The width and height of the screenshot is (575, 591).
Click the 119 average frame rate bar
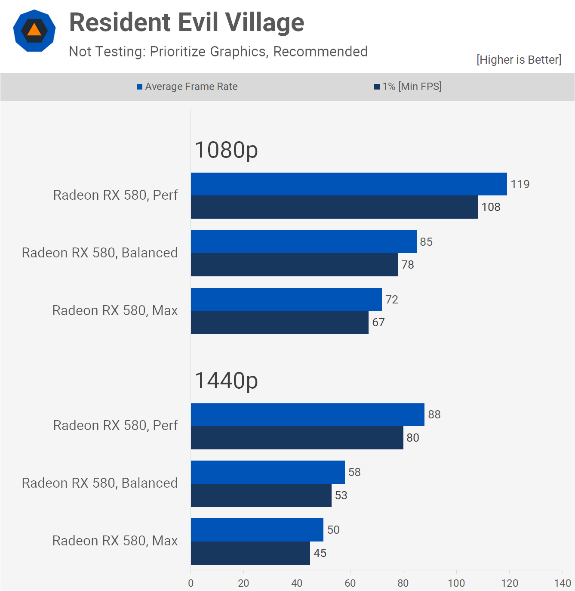348,184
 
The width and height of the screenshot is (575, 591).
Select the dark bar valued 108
334,207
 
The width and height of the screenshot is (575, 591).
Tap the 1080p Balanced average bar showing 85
303,241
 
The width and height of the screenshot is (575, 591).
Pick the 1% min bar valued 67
280,322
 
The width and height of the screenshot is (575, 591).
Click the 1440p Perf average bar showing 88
307,415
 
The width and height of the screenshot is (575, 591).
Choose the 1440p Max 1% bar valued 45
250,553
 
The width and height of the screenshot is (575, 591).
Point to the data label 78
408,265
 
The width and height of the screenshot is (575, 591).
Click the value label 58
354,472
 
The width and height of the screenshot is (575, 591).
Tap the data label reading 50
333,530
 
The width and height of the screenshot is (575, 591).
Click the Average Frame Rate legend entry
187,87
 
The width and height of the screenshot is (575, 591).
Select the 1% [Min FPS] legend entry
408,87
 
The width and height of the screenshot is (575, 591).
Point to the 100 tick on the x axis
456,583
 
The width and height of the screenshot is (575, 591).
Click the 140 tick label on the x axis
563,583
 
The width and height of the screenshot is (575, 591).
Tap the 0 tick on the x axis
191,583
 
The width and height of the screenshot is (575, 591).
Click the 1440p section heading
226,381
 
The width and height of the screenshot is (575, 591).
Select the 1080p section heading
226,150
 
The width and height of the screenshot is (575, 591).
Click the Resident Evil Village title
187,22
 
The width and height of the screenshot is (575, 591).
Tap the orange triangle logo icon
34,30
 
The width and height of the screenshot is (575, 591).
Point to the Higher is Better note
519,60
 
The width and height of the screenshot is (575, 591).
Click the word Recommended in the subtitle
320,52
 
